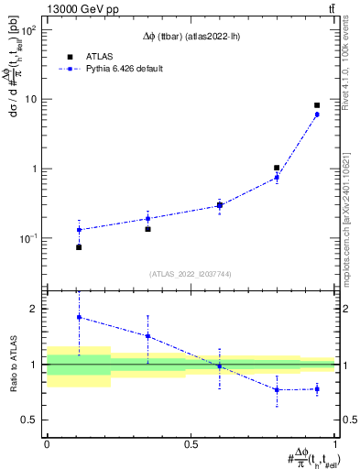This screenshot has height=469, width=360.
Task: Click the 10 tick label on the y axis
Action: [33, 99]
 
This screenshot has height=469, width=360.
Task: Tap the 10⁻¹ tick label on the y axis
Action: [29, 238]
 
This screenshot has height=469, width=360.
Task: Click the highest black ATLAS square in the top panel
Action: [317, 105]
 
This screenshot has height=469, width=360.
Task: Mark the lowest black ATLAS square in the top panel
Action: [79, 247]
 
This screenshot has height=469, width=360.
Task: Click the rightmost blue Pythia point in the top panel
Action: [317, 115]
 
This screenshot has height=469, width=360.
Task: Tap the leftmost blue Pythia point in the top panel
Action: [79, 229]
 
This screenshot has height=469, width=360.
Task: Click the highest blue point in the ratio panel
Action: [79, 317]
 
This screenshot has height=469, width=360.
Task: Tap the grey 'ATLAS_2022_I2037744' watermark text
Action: [191, 274]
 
